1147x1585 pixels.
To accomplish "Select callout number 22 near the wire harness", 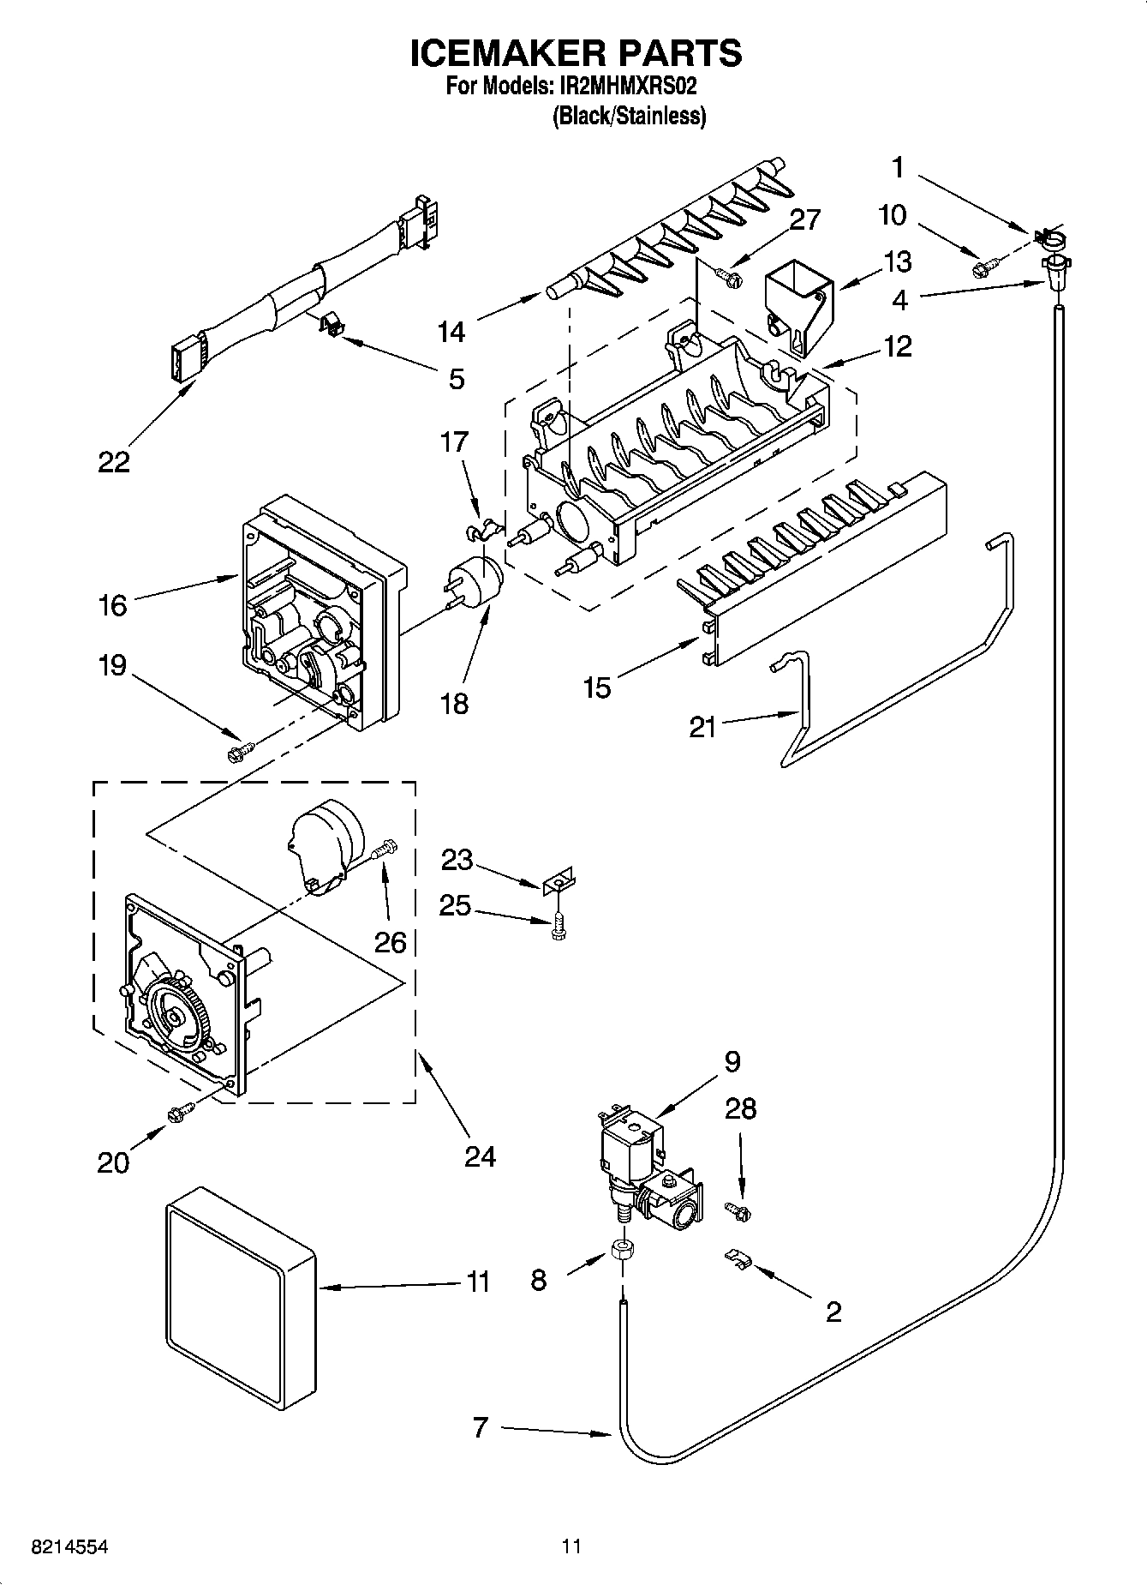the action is pyautogui.click(x=113, y=463).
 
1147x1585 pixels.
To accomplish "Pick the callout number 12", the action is pyautogui.click(x=898, y=346).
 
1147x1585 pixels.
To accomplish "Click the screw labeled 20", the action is pyautogui.click(x=180, y=1114).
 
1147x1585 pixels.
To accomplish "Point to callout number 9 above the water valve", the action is pyautogui.click(x=731, y=1061).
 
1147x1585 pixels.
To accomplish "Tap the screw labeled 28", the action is pyautogui.click(x=738, y=1210).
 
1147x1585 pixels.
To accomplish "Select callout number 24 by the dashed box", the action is pyautogui.click(x=480, y=1156).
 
